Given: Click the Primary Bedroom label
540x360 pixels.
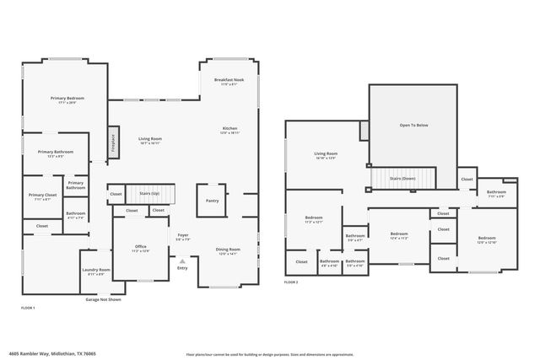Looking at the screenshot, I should pyautogui.click(x=67, y=99).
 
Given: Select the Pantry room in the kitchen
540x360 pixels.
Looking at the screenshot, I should pyautogui.click(x=212, y=201).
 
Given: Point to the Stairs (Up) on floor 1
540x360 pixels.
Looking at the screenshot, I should pyautogui.click(x=150, y=195).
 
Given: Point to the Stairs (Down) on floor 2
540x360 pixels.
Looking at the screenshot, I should pyautogui.click(x=402, y=179).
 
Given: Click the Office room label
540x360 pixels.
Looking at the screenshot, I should pyautogui.click(x=141, y=248).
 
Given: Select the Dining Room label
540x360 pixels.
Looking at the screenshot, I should pyautogui.click(x=229, y=250).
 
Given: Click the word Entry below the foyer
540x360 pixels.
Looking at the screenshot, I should pyautogui.click(x=182, y=268).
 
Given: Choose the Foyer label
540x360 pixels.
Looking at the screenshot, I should pyautogui.click(x=183, y=237).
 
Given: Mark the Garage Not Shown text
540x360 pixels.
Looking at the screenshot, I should pyautogui.click(x=103, y=299).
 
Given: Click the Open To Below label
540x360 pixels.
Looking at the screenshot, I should pyautogui.click(x=413, y=125).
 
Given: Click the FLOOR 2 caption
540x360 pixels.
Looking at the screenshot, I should pyautogui.click(x=291, y=282).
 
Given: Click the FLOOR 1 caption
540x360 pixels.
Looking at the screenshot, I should pyautogui.click(x=27, y=309).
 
